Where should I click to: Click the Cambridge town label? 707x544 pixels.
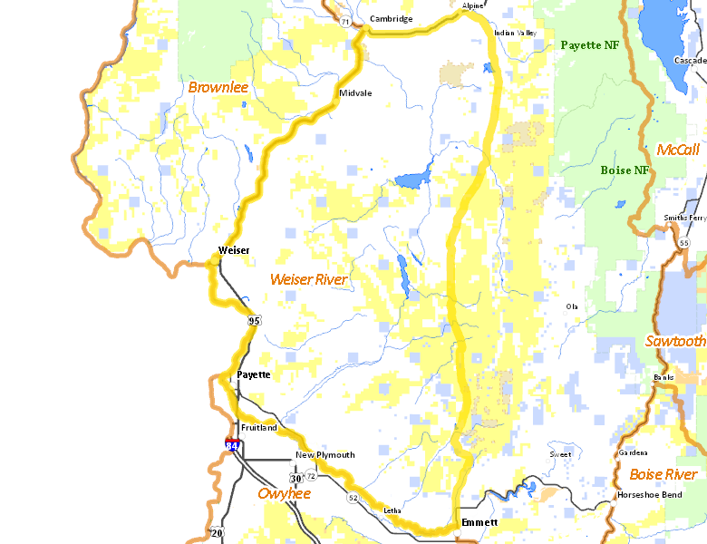[x=391, y=19]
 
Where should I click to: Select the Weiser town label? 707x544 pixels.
[x=234, y=250]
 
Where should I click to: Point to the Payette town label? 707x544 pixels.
[x=253, y=374]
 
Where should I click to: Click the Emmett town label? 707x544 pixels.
[x=479, y=523]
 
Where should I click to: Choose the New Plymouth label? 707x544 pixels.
[x=325, y=455]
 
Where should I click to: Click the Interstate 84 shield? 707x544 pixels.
[x=233, y=446]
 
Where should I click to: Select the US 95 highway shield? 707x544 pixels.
[x=254, y=321]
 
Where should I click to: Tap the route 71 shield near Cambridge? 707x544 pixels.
[x=345, y=21]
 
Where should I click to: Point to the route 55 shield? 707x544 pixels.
[x=683, y=243]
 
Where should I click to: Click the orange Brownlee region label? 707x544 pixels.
[x=218, y=87]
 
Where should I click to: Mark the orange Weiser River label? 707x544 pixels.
[x=308, y=280]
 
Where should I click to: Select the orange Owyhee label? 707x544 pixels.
[x=284, y=493]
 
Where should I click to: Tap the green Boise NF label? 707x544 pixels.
[x=625, y=170]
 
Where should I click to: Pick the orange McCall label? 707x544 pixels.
[x=678, y=150]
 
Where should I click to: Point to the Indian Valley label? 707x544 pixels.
[x=516, y=34]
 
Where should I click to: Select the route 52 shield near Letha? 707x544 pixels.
[x=352, y=498]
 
